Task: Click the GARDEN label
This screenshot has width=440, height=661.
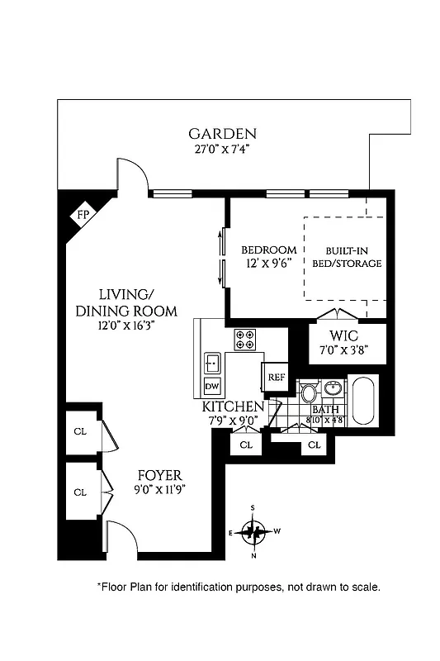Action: tap(222, 134)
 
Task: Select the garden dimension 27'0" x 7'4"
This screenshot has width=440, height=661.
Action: tap(222, 150)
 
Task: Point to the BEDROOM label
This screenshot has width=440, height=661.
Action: tap(268, 250)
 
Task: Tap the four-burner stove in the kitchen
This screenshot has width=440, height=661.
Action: tap(245, 340)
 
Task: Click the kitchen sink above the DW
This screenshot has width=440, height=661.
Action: tap(212, 361)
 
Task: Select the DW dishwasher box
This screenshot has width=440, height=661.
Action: tap(211, 387)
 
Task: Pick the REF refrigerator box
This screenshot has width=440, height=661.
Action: tap(275, 378)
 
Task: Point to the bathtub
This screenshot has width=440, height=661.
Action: tap(364, 402)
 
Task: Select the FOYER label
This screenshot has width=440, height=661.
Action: tap(158, 476)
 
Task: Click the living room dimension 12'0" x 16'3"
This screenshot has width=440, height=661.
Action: tap(127, 326)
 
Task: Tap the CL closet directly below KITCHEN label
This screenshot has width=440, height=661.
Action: tap(246, 445)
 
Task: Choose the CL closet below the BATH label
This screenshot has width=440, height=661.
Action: tap(314, 445)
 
